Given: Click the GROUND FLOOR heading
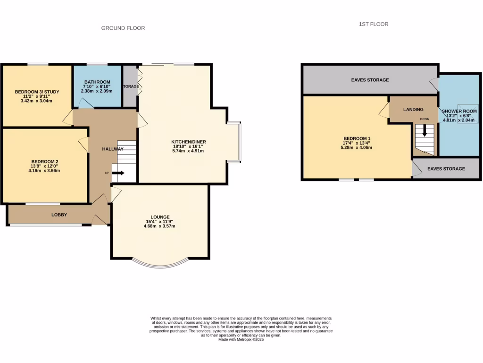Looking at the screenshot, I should click(x=123, y=28).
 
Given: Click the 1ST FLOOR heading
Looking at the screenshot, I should click(x=373, y=24).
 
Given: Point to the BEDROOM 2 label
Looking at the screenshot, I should click(x=44, y=161).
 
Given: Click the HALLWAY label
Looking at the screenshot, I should click(x=113, y=149).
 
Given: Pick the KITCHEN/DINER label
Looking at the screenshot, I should click(x=188, y=142).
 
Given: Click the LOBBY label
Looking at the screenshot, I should click(x=59, y=215).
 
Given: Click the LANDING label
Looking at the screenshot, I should click(x=413, y=110).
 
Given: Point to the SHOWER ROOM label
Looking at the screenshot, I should click(x=459, y=111).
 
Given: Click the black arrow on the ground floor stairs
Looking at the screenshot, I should click(x=118, y=173).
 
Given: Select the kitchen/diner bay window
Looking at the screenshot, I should click(x=234, y=142).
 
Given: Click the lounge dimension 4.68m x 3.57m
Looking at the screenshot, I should click(x=159, y=226).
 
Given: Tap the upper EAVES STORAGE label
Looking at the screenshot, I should click(x=370, y=80).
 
